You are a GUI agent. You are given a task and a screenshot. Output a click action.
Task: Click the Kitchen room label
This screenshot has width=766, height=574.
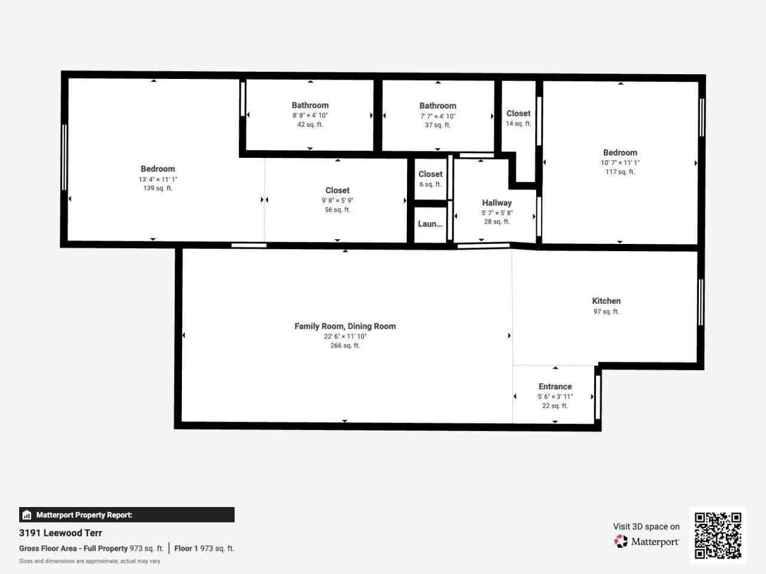pos(606,301)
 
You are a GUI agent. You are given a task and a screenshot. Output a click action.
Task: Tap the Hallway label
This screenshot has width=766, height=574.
pos(497,203)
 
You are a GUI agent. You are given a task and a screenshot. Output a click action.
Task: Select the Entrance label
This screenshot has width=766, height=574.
pos(555,386)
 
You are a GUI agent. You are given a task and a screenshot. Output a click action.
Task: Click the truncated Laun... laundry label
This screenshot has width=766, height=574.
pos(430,224)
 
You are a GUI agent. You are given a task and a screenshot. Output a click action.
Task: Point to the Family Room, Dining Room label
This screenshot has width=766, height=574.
pos(345,326)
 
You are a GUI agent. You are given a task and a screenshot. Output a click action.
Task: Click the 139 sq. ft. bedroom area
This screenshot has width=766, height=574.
pos(157,188)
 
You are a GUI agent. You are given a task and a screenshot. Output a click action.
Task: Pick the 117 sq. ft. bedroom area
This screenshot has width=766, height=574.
pos(620,172)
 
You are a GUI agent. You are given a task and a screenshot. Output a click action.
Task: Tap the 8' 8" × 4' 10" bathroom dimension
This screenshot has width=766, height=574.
pos(310,115)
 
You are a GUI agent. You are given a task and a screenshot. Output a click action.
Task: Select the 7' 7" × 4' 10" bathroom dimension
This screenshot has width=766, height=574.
pos(437,116)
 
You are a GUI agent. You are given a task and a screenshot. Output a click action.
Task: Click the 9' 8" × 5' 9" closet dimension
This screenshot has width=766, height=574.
pos(338,200)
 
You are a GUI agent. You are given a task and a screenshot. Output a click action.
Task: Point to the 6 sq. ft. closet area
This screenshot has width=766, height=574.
pos(430,184)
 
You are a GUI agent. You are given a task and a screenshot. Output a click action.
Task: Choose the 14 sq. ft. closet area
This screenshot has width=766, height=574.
pos(518,124)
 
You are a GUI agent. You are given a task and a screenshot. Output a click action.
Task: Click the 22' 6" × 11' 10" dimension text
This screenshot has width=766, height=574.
pos(345,336)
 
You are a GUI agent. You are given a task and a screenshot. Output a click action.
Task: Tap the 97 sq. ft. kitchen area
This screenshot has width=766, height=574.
pos(606,312)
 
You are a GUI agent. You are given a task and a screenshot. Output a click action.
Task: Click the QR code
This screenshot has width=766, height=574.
pos(718,535)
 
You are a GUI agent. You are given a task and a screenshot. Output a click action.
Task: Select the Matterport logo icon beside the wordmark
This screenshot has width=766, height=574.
pos(621,541)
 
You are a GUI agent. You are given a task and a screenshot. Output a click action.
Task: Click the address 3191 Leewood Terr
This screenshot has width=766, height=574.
pos(60,533)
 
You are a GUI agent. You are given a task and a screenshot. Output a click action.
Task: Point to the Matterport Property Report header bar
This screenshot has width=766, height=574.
pos(126,515)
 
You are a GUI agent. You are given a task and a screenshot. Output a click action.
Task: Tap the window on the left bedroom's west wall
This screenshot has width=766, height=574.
pos(65,157)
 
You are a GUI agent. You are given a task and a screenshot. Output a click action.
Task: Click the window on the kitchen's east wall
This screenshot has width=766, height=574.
pos(700,303)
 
